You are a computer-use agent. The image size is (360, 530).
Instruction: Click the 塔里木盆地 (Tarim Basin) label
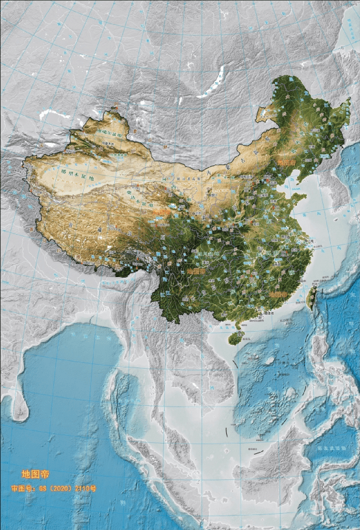(x=77, y=174)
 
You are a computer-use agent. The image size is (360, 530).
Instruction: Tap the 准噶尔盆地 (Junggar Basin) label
(x=109, y=133)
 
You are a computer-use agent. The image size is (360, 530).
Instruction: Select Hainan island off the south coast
(x=235, y=336)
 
